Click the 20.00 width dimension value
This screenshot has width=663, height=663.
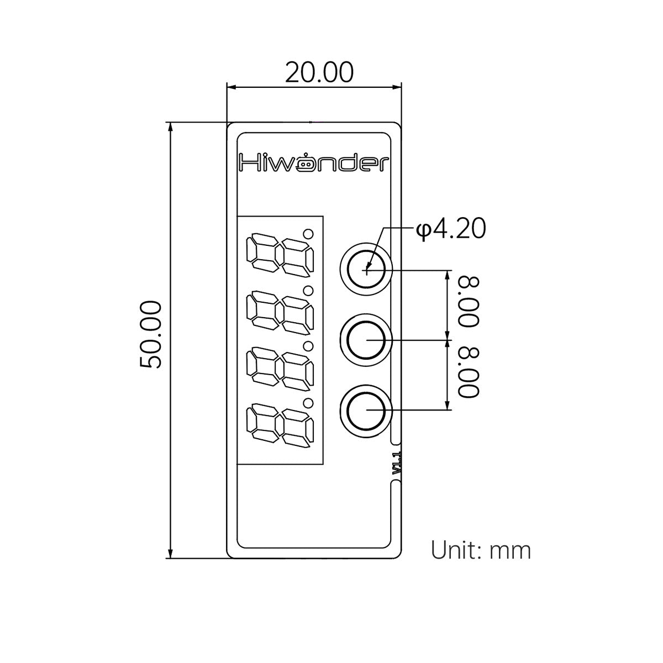tap(319, 72)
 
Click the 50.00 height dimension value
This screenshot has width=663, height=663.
tap(151, 335)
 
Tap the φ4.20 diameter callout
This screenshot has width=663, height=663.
tap(451, 229)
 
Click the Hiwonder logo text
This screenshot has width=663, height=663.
tap(314, 163)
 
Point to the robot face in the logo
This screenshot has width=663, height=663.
tap(305, 165)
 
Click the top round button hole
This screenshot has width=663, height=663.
tap(366, 270)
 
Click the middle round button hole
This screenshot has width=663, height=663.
tap(366, 340)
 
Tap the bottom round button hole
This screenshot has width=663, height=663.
tap(366, 410)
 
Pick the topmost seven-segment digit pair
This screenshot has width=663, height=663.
tap(280, 255)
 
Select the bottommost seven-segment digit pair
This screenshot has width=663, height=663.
tap(280, 425)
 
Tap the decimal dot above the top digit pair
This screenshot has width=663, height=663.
tap(308, 234)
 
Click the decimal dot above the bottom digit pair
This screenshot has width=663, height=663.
tap(308, 403)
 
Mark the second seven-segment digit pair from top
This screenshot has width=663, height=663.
tap(280, 312)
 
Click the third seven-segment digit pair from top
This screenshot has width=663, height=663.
tap(280, 369)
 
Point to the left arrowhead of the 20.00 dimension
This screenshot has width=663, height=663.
tap(231, 88)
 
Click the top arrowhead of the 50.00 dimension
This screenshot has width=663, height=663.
tap(170, 127)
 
